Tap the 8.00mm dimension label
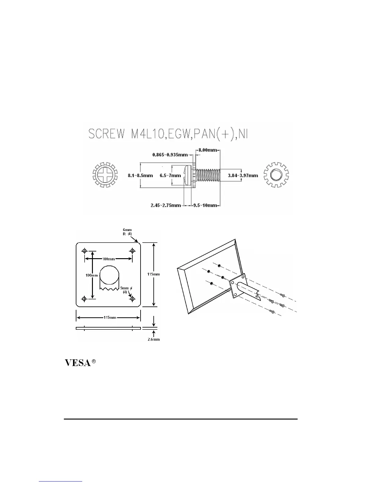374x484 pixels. click(x=207, y=150)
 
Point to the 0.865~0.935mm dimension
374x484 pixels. click(x=170, y=155)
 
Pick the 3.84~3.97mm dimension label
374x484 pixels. click(x=243, y=175)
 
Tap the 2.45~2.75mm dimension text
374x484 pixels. click(x=166, y=205)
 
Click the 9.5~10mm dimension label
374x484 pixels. click(x=204, y=205)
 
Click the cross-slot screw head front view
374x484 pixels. click(x=105, y=175)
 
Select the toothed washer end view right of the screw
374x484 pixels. click(x=276, y=175)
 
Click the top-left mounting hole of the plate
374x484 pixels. click(x=84, y=251)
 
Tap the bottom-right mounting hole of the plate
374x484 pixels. click(x=132, y=299)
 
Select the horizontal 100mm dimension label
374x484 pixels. click(x=108, y=259)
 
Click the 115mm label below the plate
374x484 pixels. click(x=110, y=317)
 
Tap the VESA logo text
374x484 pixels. click(x=78, y=363)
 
